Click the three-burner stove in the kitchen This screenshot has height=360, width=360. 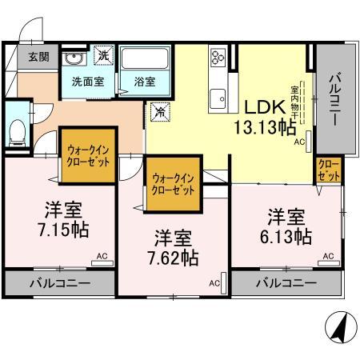tap(218, 58)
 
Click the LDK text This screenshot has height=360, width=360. tap(262, 107)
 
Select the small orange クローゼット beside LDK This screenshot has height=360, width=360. tap(328, 169)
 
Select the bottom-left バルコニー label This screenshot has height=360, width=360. tap(61, 283)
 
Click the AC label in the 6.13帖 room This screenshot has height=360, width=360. tap(328, 255)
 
